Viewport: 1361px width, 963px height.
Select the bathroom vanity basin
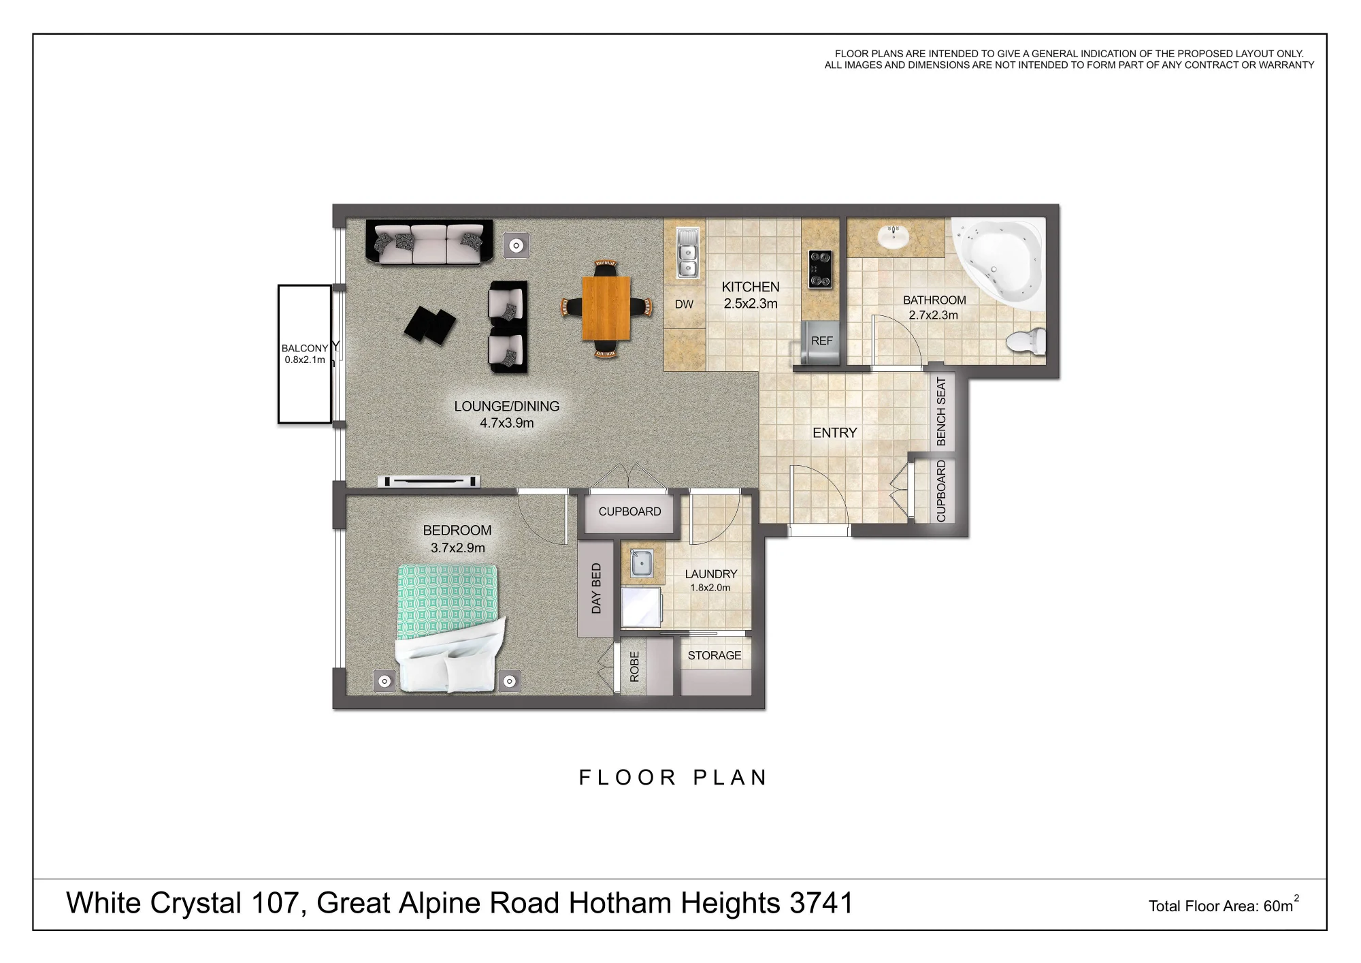coord(894,236)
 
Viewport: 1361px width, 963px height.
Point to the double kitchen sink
coord(687,253)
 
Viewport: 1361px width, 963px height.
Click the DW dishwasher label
coord(684,304)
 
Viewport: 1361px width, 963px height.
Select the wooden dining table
coord(606,308)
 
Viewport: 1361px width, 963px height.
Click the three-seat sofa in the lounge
coord(429,242)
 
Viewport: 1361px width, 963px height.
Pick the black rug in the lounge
coord(430,326)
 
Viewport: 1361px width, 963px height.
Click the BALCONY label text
coord(304,348)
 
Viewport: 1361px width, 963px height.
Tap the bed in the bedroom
coord(450,627)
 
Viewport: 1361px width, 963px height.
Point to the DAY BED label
coord(596,588)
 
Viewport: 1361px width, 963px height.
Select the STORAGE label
coord(715,655)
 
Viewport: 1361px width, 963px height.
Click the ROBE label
coord(634,667)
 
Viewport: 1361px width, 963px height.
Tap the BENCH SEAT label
coord(941,411)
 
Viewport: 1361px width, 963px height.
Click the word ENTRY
coord(834,433)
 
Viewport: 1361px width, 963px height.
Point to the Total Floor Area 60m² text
coord(1224,904)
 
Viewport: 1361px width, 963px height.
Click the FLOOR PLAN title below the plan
coord(673,778)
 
